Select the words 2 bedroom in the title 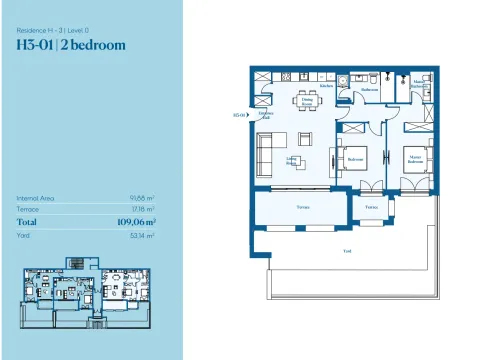pos(98,45)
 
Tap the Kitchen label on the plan pos(326,87)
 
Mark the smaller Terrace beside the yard pos(371,207)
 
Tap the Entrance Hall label pos(266,115)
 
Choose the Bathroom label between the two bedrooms pos(369,89)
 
